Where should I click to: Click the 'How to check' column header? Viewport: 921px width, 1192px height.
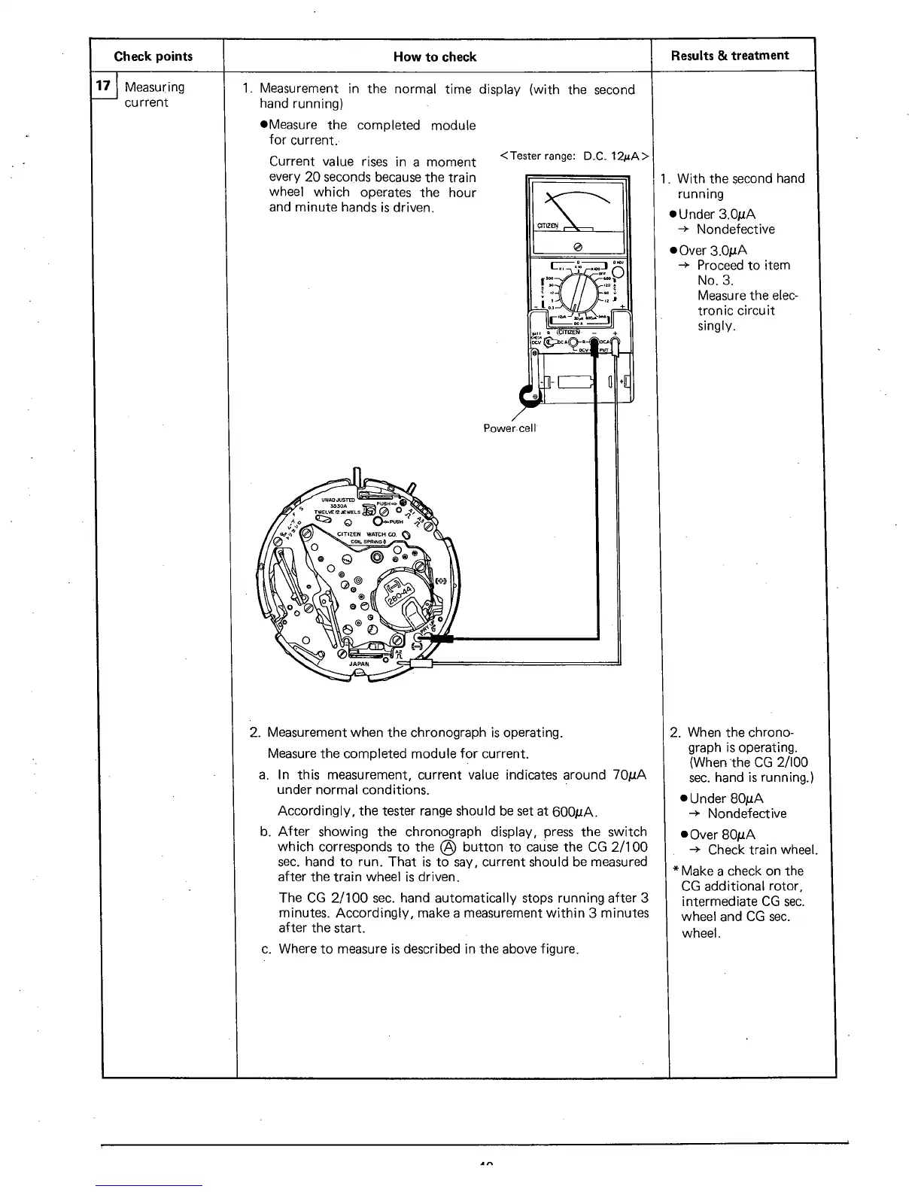click(435, 56)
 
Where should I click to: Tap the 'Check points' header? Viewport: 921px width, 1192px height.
click(153, 56)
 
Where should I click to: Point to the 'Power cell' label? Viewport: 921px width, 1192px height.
click(509, 428)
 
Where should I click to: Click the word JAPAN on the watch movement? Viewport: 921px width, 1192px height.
click(359, 664)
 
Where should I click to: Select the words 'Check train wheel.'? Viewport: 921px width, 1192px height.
click(762, 850)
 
